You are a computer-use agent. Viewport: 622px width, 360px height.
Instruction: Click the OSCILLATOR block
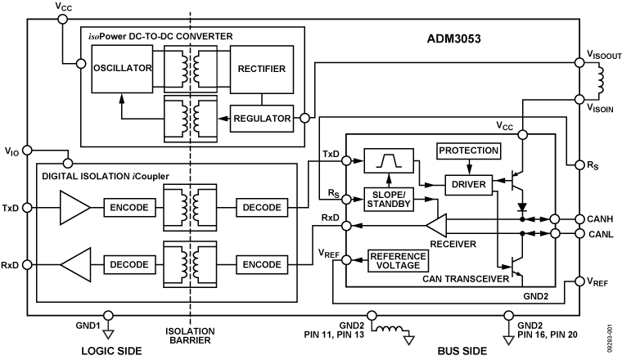[121, 69]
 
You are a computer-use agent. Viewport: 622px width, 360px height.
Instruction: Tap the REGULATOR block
[262, 119]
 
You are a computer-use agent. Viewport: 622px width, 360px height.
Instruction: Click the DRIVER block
[467, 186]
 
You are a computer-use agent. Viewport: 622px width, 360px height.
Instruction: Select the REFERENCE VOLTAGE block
[399, 260]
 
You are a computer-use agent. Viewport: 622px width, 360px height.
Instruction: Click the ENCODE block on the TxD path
[126, 208]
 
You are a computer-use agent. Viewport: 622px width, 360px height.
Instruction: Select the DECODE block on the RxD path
[126, 264]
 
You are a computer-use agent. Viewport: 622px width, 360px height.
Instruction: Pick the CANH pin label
[591, 219]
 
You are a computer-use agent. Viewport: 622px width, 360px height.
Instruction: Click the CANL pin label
[590, 236]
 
